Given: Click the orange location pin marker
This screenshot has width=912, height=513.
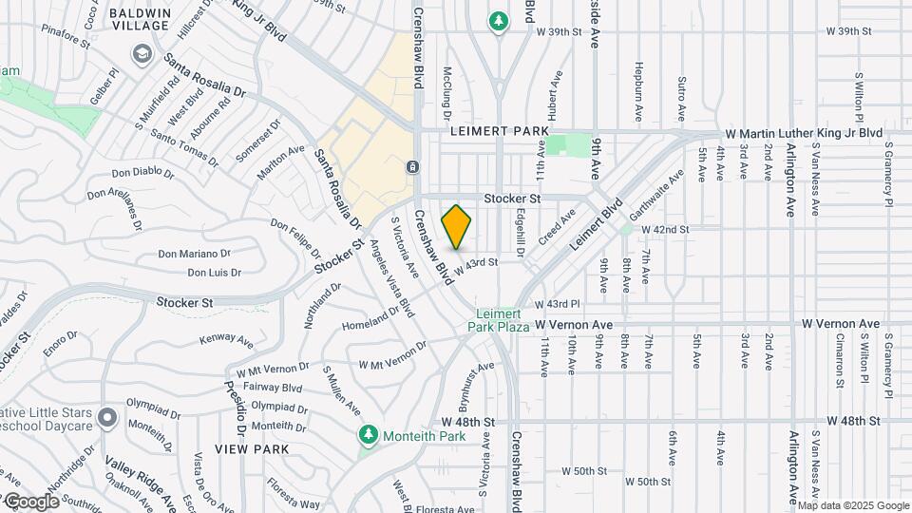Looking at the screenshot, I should tap(456, 226).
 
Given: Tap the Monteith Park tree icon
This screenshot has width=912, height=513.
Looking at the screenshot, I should tap(369, 435).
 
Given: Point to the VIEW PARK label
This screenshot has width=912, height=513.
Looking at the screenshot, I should tap(244, 447).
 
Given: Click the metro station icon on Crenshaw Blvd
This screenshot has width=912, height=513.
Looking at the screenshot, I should tap(413, 167).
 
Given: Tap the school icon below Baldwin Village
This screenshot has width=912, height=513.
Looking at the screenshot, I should tap(142, 53).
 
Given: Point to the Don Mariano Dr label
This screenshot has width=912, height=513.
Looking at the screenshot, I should tap(194, 254).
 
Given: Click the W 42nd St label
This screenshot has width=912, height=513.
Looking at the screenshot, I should tap(665, 230).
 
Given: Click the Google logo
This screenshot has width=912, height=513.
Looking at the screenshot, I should tap(31, 501).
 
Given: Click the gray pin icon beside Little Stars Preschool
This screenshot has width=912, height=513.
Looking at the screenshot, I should tap(107, 417).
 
